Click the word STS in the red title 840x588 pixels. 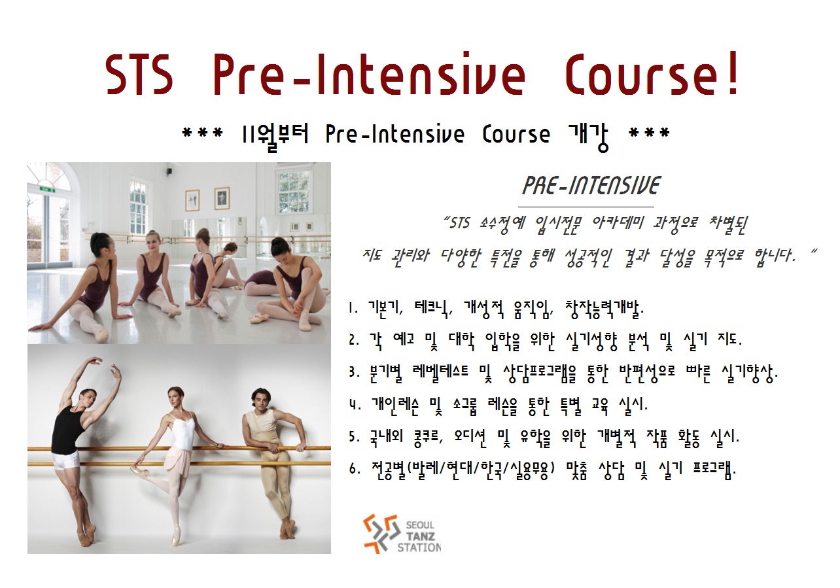coord(139,75)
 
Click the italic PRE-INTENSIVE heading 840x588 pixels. coord(591,186)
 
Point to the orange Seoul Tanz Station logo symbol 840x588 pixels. coord(379,533)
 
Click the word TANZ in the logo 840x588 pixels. coord(420,536)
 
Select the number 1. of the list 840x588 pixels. coord(353,309)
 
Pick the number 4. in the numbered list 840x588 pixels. coord(355,405)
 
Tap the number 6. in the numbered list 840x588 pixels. coord(355,468)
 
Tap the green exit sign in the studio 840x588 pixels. coord(47,190)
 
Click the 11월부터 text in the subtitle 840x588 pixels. coord(276,135)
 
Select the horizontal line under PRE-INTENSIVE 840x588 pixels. coord(586,207)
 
